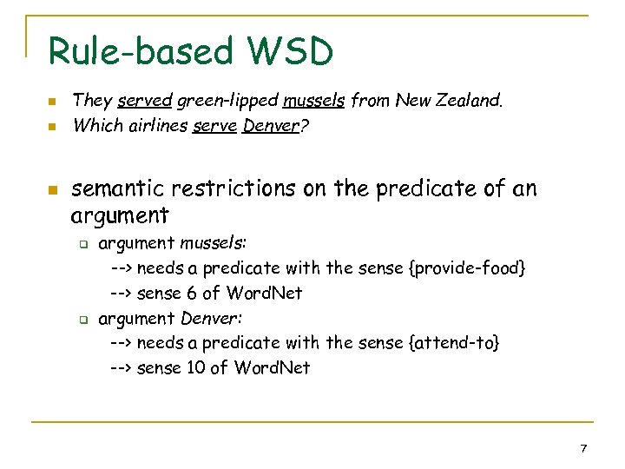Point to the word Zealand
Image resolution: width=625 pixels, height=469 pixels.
470,101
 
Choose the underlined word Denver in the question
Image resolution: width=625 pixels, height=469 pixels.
270,126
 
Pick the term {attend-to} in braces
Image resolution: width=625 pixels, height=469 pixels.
453,343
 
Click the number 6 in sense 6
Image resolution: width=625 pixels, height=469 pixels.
191,293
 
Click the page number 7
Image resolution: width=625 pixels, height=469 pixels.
583,448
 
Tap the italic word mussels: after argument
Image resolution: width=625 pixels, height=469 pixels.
214,243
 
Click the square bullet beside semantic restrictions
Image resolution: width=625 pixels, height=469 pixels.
52,188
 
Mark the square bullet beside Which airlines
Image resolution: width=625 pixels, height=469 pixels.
52,127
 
